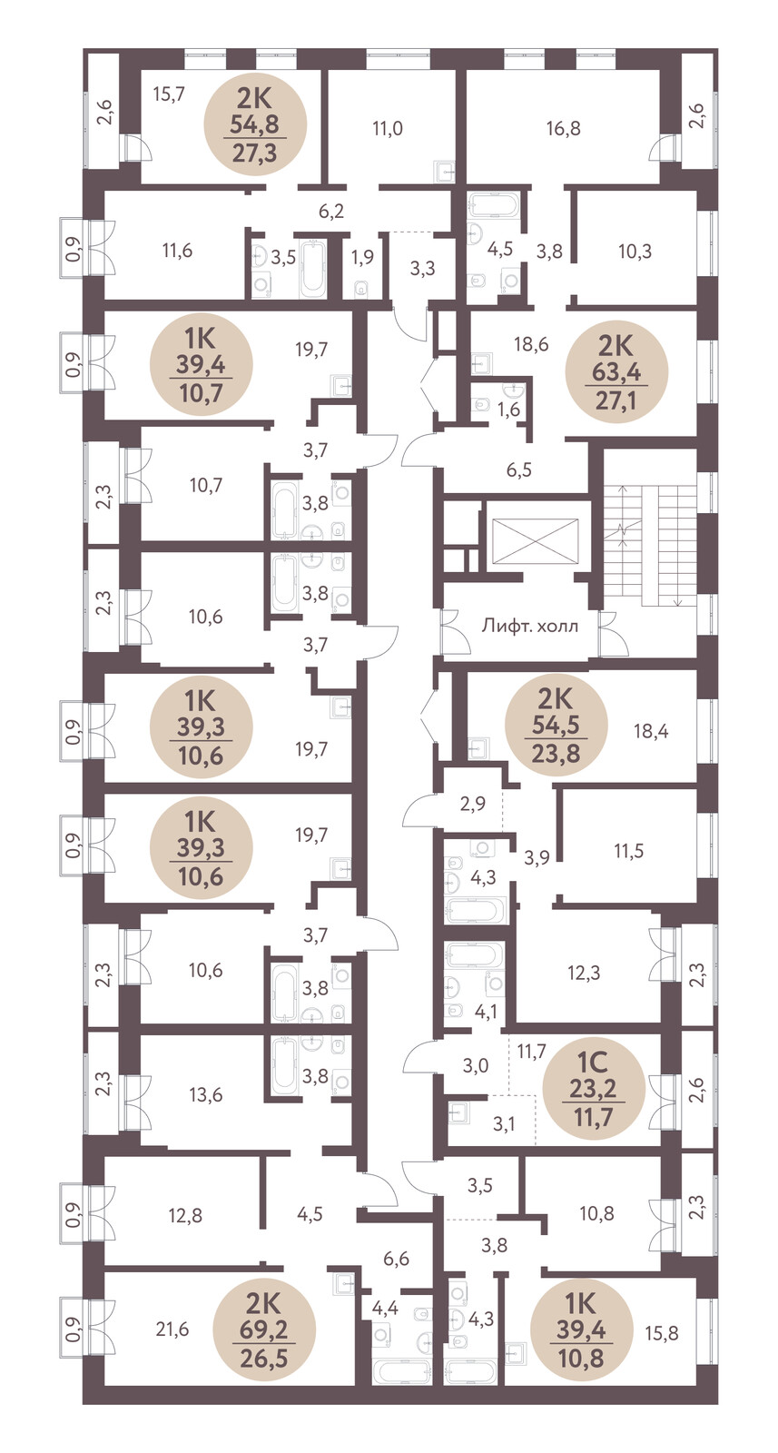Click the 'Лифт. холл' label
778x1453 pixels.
click(529, 627)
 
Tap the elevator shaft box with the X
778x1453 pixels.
click(535, 538)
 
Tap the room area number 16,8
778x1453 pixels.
click(563, 129)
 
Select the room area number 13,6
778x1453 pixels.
click(205, 1095)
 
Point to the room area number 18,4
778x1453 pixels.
click(651, 732)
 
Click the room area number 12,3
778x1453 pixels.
click(584, 973)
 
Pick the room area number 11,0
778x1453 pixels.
click(387, 129)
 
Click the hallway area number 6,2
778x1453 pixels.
click(330, 212)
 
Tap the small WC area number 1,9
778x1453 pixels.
click(362, 258)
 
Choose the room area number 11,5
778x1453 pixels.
click(628, 850)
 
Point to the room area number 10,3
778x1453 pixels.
click(635, 252)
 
